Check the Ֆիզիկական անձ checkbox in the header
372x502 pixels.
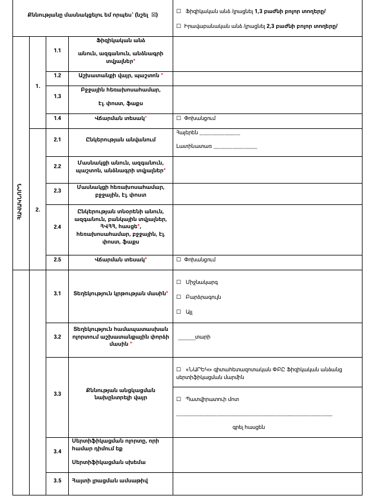coord(179,12)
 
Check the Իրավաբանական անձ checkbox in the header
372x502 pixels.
coord(179,26)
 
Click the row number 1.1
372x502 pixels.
coord(58,50)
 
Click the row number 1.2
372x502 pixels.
coord(58,75)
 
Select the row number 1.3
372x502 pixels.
coord(58,96)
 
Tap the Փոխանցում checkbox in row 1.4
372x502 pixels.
coord(179,118)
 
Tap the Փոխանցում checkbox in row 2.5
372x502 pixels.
coord(179,260)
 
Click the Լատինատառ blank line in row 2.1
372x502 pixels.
coord(235,147)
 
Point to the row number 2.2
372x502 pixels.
coord(58,166)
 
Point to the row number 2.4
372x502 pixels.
coord(58,226)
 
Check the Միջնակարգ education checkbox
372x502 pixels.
coord(179,282)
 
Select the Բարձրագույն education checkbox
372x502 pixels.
coord(179,297)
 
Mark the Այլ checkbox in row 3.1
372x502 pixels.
coord(179,311)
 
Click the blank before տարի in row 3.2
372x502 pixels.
coord(186,338)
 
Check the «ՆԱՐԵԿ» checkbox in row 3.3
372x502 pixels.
coord(179,370)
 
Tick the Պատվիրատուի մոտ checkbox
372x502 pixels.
coord(179,399)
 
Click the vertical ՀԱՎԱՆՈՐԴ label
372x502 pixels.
coord(21,202)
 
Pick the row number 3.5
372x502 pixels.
coord(58,481)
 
